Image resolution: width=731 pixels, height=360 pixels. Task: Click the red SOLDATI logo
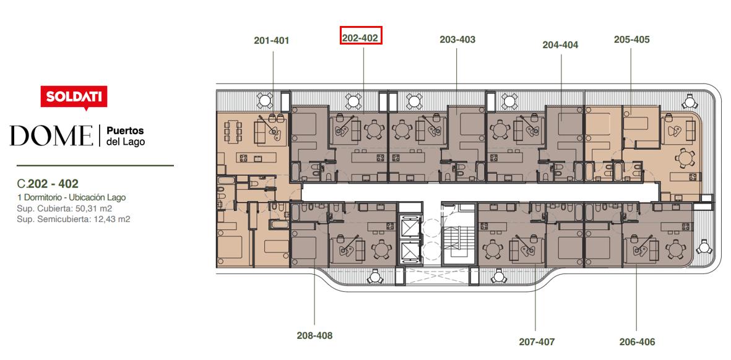coord(74,97)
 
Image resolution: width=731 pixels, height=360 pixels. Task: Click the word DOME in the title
coord(51,135)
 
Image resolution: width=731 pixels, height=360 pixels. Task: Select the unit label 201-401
coord(271,41)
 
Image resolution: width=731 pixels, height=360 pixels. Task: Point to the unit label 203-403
coord(457,40)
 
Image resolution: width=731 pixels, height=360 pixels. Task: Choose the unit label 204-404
coord(560,45)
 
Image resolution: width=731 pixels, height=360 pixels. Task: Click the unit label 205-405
coord(632,40)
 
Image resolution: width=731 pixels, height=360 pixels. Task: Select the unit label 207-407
coord(537,342)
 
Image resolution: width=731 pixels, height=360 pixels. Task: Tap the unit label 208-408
coord(314,335)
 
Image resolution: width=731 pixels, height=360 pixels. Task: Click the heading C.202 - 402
coord(47,184)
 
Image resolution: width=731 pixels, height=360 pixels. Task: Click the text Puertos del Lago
coord(126,135)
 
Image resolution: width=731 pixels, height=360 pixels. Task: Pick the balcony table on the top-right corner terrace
coord(689,101)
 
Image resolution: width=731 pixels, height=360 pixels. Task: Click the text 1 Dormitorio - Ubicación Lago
coord(71,197)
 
